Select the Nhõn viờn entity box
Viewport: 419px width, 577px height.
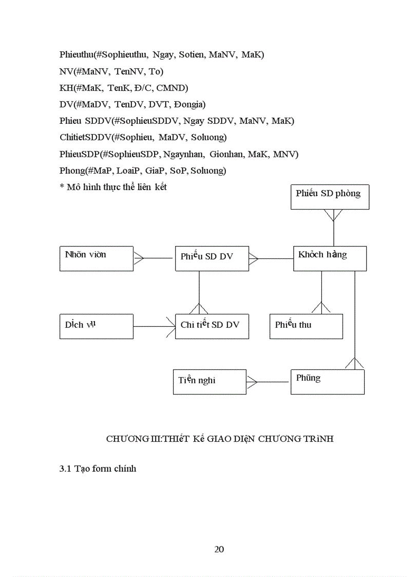(97, 258)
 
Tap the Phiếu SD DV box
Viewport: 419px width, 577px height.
(212, 258)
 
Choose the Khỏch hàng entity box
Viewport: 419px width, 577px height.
(330, 258)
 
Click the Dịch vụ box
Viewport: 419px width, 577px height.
(97, 326)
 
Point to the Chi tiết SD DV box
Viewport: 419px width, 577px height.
(212, 326)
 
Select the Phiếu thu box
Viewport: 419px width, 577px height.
(306, 326)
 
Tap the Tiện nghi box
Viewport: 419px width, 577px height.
(209, 382)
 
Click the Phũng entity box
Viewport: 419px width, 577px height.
(328, 382)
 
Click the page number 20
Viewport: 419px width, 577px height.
(219, 549)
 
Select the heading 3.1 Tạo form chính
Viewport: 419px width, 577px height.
(98, 469)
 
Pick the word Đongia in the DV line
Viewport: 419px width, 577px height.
(189, 104)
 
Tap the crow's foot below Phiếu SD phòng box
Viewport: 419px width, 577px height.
(334, 215)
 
